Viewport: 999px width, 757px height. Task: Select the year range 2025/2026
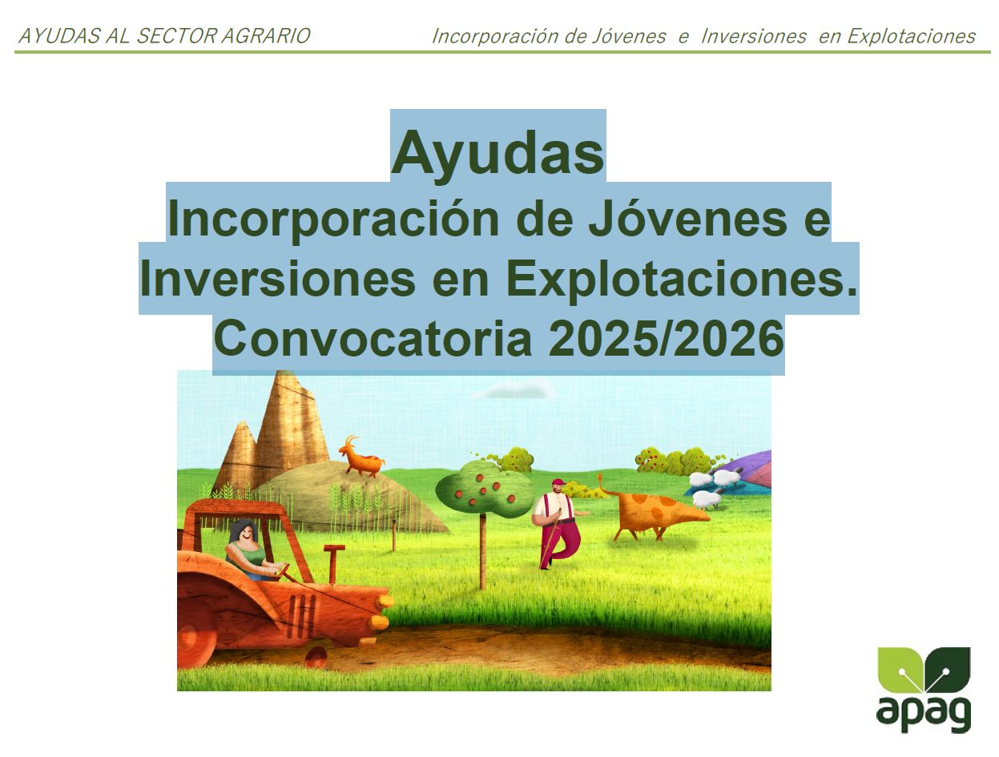coord(666,338)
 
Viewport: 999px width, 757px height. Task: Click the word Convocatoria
coord(373,338)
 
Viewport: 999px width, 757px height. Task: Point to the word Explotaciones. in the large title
coord(681,280)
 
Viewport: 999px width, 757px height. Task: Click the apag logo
coord(924,689)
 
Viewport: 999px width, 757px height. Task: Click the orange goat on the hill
coord(361,457)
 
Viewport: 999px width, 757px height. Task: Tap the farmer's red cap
coord(558,482)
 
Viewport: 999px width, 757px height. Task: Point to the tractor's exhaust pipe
coord(333,564)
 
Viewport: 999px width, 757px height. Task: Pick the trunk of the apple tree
coord(483,551)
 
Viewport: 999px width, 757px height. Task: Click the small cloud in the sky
coord(515,390)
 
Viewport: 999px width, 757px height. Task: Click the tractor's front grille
coord(301,616)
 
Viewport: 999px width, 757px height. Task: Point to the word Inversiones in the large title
coord(277,279)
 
